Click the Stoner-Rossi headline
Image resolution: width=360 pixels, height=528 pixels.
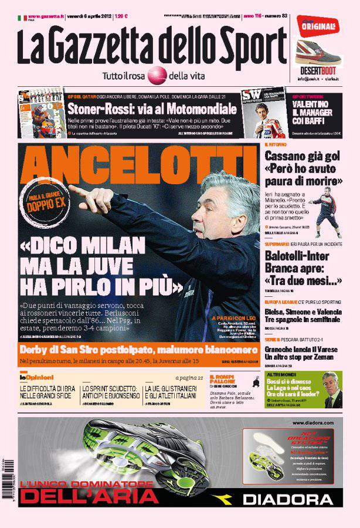(x=152, y=109)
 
